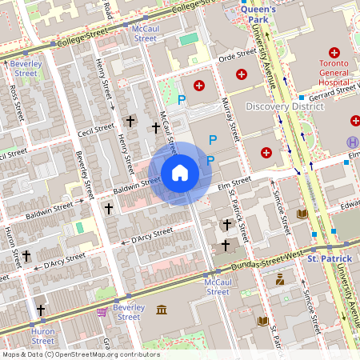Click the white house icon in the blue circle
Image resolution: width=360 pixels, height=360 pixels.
coord(180,173)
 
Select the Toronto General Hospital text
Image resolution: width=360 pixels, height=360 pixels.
coord(334,71)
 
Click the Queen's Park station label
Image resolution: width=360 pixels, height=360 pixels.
coord(258,14)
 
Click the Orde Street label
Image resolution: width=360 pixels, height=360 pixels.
coord(237,56)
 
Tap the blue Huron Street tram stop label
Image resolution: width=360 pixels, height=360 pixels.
coord(42,336)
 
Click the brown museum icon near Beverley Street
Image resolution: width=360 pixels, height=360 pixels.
coord(162,310)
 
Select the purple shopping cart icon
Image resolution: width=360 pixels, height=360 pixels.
coord(102,312)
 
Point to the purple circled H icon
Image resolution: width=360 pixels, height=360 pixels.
coord(352,142)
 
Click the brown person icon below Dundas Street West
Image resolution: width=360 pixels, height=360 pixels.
coord(280,279)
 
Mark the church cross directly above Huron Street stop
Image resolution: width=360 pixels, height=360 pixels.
coord(41,310)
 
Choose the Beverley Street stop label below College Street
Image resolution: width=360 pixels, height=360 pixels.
coord(26,67)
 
